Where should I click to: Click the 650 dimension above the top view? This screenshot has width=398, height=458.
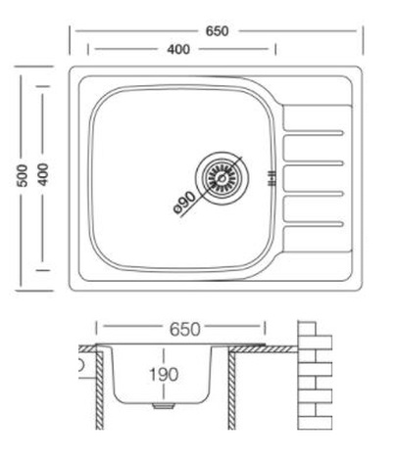217,31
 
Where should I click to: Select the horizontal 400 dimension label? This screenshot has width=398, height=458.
178,49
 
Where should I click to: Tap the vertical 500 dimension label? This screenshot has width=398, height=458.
23,175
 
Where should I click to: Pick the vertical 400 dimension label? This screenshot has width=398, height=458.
43,174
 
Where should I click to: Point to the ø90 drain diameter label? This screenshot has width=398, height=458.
185,202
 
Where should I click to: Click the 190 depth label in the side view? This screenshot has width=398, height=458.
164,375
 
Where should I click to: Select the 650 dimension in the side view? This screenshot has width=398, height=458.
184,330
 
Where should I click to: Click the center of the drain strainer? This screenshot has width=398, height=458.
222,178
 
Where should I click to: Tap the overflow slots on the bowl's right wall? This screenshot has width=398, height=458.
272,178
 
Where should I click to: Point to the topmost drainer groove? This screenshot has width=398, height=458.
314,133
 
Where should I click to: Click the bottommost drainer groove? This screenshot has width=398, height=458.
314,223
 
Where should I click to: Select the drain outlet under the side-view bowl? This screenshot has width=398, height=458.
163,406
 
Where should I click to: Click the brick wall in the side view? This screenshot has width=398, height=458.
315,376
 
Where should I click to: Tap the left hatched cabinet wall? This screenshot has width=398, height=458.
100,390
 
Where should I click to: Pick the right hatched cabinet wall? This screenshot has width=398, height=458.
231,390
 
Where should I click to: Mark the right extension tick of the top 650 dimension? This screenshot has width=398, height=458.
363,41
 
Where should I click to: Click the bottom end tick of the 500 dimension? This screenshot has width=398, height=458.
34,290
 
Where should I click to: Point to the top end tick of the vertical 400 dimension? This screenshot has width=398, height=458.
43,86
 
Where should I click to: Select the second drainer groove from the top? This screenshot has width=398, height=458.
314,163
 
